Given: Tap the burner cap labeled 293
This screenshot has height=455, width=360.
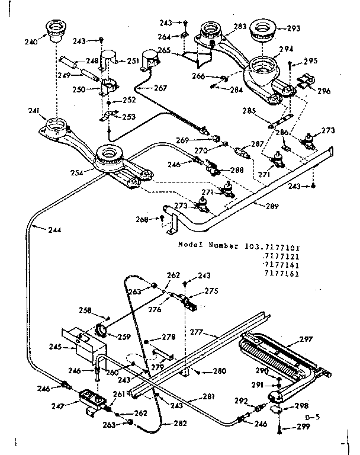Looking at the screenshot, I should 262,30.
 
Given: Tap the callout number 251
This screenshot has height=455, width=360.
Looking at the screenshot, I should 133,60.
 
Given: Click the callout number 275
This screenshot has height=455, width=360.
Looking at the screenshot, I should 212,291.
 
